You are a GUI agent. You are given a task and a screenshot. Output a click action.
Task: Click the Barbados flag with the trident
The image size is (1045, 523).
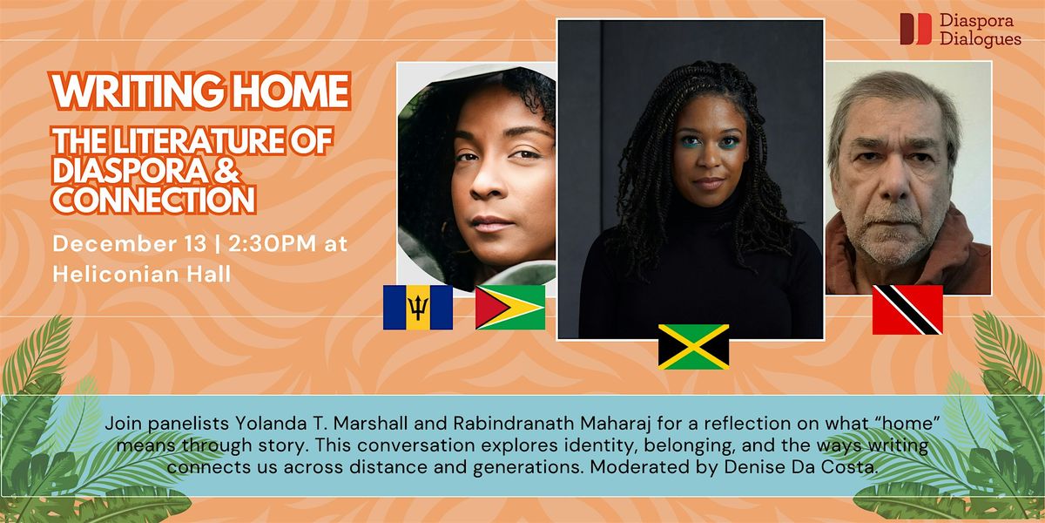tap(418, 307)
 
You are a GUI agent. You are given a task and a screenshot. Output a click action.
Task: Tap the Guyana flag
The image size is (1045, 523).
tap(510, 307)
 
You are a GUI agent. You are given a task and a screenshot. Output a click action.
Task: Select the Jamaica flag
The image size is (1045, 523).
tap(693, 346)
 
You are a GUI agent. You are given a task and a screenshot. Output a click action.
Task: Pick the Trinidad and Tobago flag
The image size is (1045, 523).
tap(907, 309)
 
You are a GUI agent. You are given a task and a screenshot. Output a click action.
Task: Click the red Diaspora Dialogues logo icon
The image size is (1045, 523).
tap(915, 29)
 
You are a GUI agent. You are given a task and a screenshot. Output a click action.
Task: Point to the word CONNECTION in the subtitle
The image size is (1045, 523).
tap(153, 200)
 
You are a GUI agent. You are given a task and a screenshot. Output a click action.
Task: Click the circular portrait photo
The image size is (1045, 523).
tap(476, 174)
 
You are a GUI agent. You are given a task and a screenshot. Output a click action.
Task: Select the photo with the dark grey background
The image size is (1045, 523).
tap(691, 179)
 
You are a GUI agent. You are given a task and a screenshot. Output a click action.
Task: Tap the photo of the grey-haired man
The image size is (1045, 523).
tap(908, 179)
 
